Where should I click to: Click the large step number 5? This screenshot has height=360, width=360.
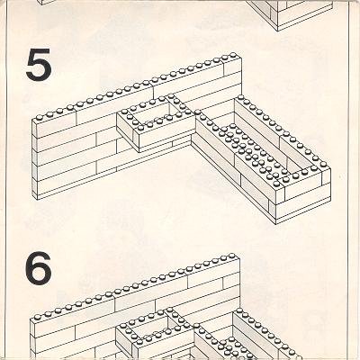point(39,66)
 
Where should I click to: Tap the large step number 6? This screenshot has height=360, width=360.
point(38,267)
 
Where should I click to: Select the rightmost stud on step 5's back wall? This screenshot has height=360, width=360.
point(233,55)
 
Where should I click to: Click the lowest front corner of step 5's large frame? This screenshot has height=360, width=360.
point(276,224)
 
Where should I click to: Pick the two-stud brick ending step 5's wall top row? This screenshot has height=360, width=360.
point(232,66)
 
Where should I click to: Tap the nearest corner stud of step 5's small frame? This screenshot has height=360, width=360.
point(139,128)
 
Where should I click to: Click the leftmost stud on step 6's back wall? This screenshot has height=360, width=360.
point(37,317)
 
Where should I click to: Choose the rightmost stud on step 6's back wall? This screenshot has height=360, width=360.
point(232,256)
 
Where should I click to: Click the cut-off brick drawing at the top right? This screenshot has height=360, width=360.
point(291,14)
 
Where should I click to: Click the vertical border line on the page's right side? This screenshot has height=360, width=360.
point(348,180)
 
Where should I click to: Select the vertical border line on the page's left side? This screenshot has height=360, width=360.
point(6,180)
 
